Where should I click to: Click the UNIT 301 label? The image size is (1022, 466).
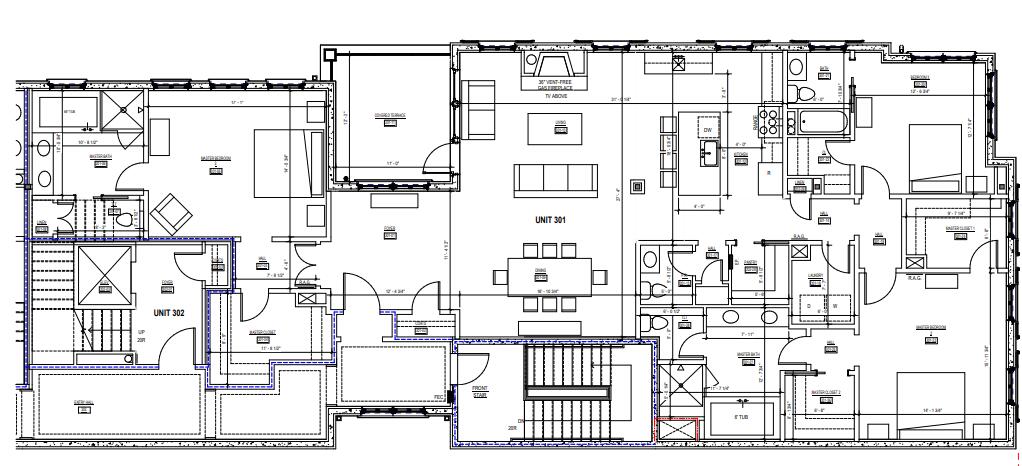point(551,219)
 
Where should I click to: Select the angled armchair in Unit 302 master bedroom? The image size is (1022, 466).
point(173,211)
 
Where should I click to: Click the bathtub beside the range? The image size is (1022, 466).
point(822,124)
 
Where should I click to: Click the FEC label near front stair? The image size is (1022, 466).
point(438,396)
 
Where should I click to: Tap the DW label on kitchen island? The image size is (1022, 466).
point(707,130)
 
